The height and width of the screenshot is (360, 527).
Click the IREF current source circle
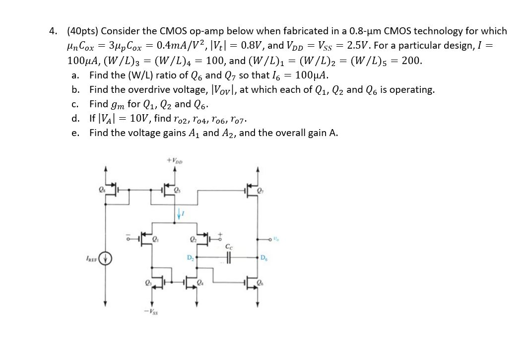(106, 258)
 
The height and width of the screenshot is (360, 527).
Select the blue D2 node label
(190, 257)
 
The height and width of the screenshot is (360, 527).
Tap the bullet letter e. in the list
(75, 133)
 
